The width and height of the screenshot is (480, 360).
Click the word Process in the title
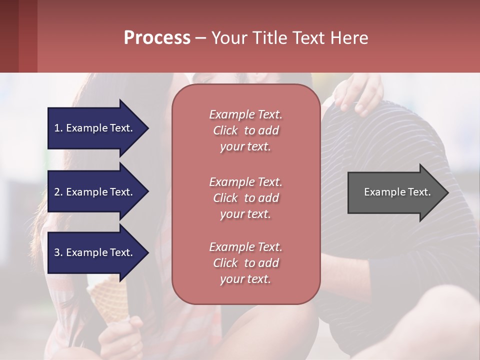click(157, 38)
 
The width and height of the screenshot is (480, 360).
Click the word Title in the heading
click(269, 38)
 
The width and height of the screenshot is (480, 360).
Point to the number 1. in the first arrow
click(58, 128)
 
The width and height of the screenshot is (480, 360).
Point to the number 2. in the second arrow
click(58, 192)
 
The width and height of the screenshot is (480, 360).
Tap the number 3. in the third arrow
click(58, 252)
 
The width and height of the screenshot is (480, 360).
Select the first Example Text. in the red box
click(245, 114)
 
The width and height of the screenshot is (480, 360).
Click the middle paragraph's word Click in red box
click(225, 198)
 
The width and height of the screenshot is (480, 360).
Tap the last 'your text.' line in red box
click(245, 279)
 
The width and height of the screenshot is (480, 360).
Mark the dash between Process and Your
click(201, 38)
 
